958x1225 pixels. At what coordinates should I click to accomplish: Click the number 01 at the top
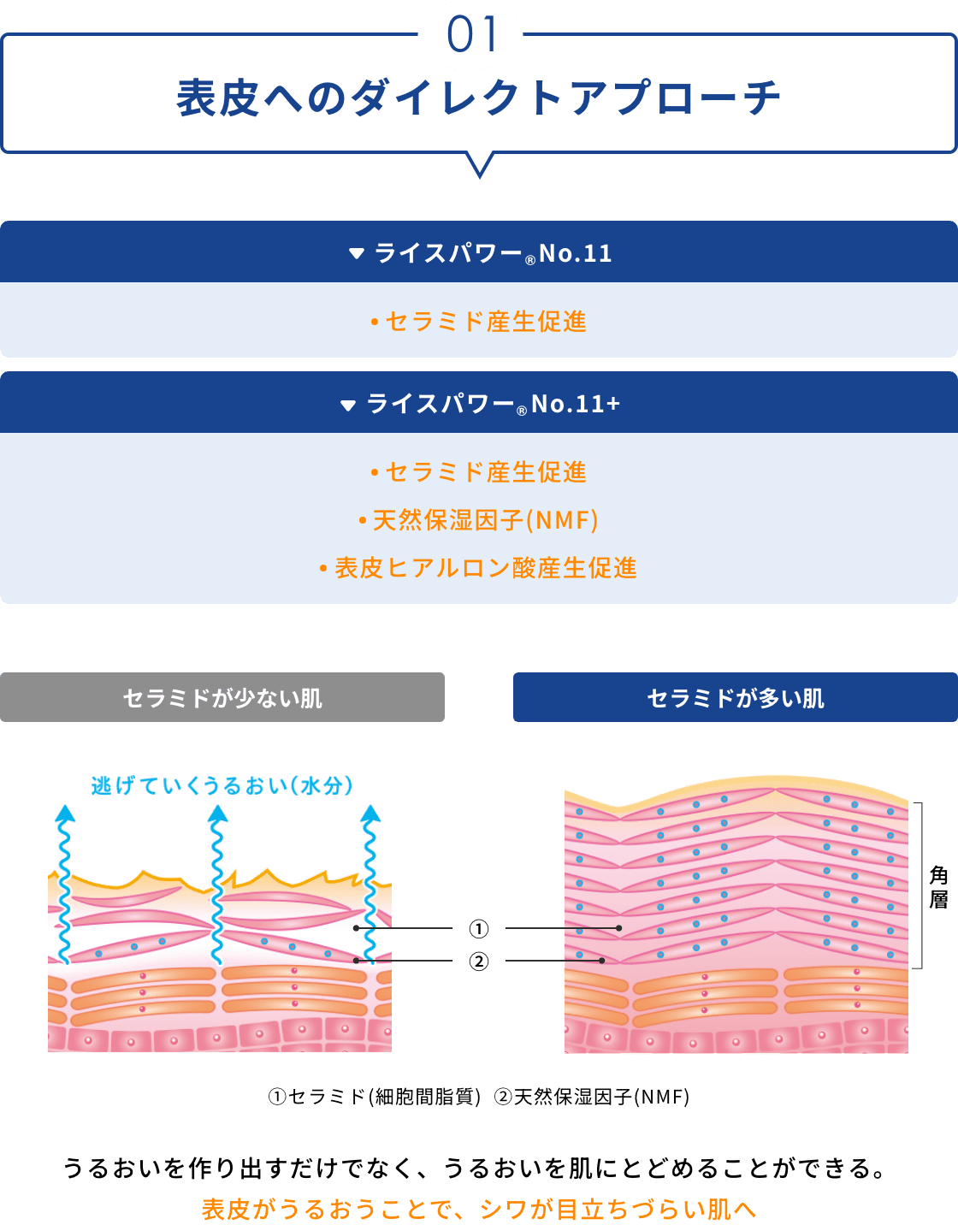click(x=471, y=36)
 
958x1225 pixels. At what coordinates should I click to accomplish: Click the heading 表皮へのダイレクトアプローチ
click(x=479, y=98)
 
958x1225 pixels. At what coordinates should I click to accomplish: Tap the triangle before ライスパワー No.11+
click(x=347, y=405)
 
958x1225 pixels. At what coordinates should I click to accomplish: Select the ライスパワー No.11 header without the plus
click(x=479, y=253)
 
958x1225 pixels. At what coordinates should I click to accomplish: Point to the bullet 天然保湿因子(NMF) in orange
click(x=479, y=520)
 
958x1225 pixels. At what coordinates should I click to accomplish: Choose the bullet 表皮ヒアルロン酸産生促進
click(x=479, y=568)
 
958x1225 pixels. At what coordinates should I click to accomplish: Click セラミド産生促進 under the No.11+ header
click(x=479, y=472)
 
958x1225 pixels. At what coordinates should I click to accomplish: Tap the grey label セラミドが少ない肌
click(x=222, y=698)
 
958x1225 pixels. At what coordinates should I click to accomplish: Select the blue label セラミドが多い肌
click(x=736, y=698)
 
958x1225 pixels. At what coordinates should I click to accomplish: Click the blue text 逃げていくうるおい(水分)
click(x=222, y=785)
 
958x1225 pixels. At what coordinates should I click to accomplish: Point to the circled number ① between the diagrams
click(x=479, y=928)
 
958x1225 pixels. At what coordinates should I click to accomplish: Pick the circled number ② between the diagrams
click(x=479, y=962)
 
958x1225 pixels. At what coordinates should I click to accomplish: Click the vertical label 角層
click(x=938, y=887)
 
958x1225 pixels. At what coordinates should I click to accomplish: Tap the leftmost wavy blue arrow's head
click(x=64, y=814)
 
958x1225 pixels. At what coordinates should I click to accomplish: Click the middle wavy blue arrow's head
click(x=218, y=814)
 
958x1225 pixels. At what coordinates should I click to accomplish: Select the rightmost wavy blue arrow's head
click(x=370, y=814)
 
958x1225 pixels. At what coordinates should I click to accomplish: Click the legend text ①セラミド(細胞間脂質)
click(x=375, y=1097)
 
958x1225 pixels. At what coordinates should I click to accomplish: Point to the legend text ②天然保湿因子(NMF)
click(x=592, y=1097)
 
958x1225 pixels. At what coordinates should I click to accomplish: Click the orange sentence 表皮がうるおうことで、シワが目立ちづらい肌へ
click(x=479, y=1209)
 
